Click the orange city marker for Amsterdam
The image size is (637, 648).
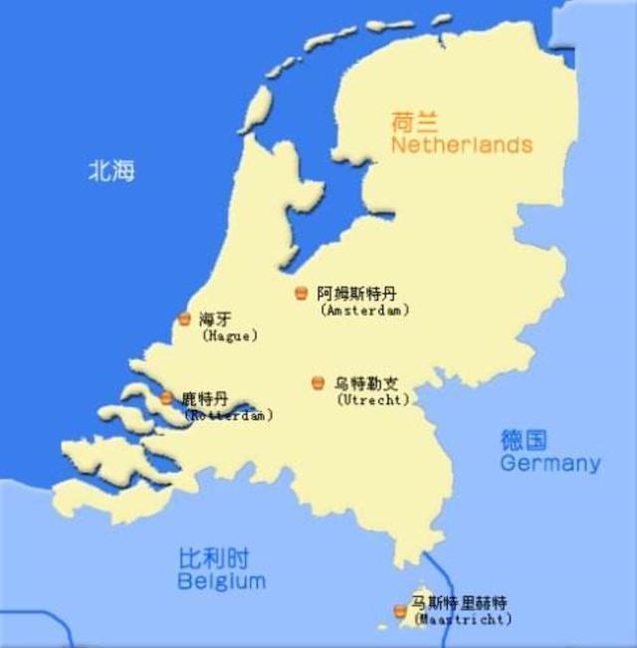(302, 293)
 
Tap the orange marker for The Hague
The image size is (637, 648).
(184, 319)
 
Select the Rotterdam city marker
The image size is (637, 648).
(166, 398)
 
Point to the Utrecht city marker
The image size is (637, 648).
(318, 382)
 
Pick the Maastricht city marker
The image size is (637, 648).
(400, 610)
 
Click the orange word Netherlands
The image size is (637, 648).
(462, 145)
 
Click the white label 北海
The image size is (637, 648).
(110, 170)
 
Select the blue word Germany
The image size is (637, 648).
(550, 463)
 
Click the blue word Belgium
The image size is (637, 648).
(222, 580)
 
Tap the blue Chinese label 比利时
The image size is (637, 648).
(214, 557)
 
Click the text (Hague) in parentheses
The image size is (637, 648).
(230, 336)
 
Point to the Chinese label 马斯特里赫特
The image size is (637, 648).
(461, 603)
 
